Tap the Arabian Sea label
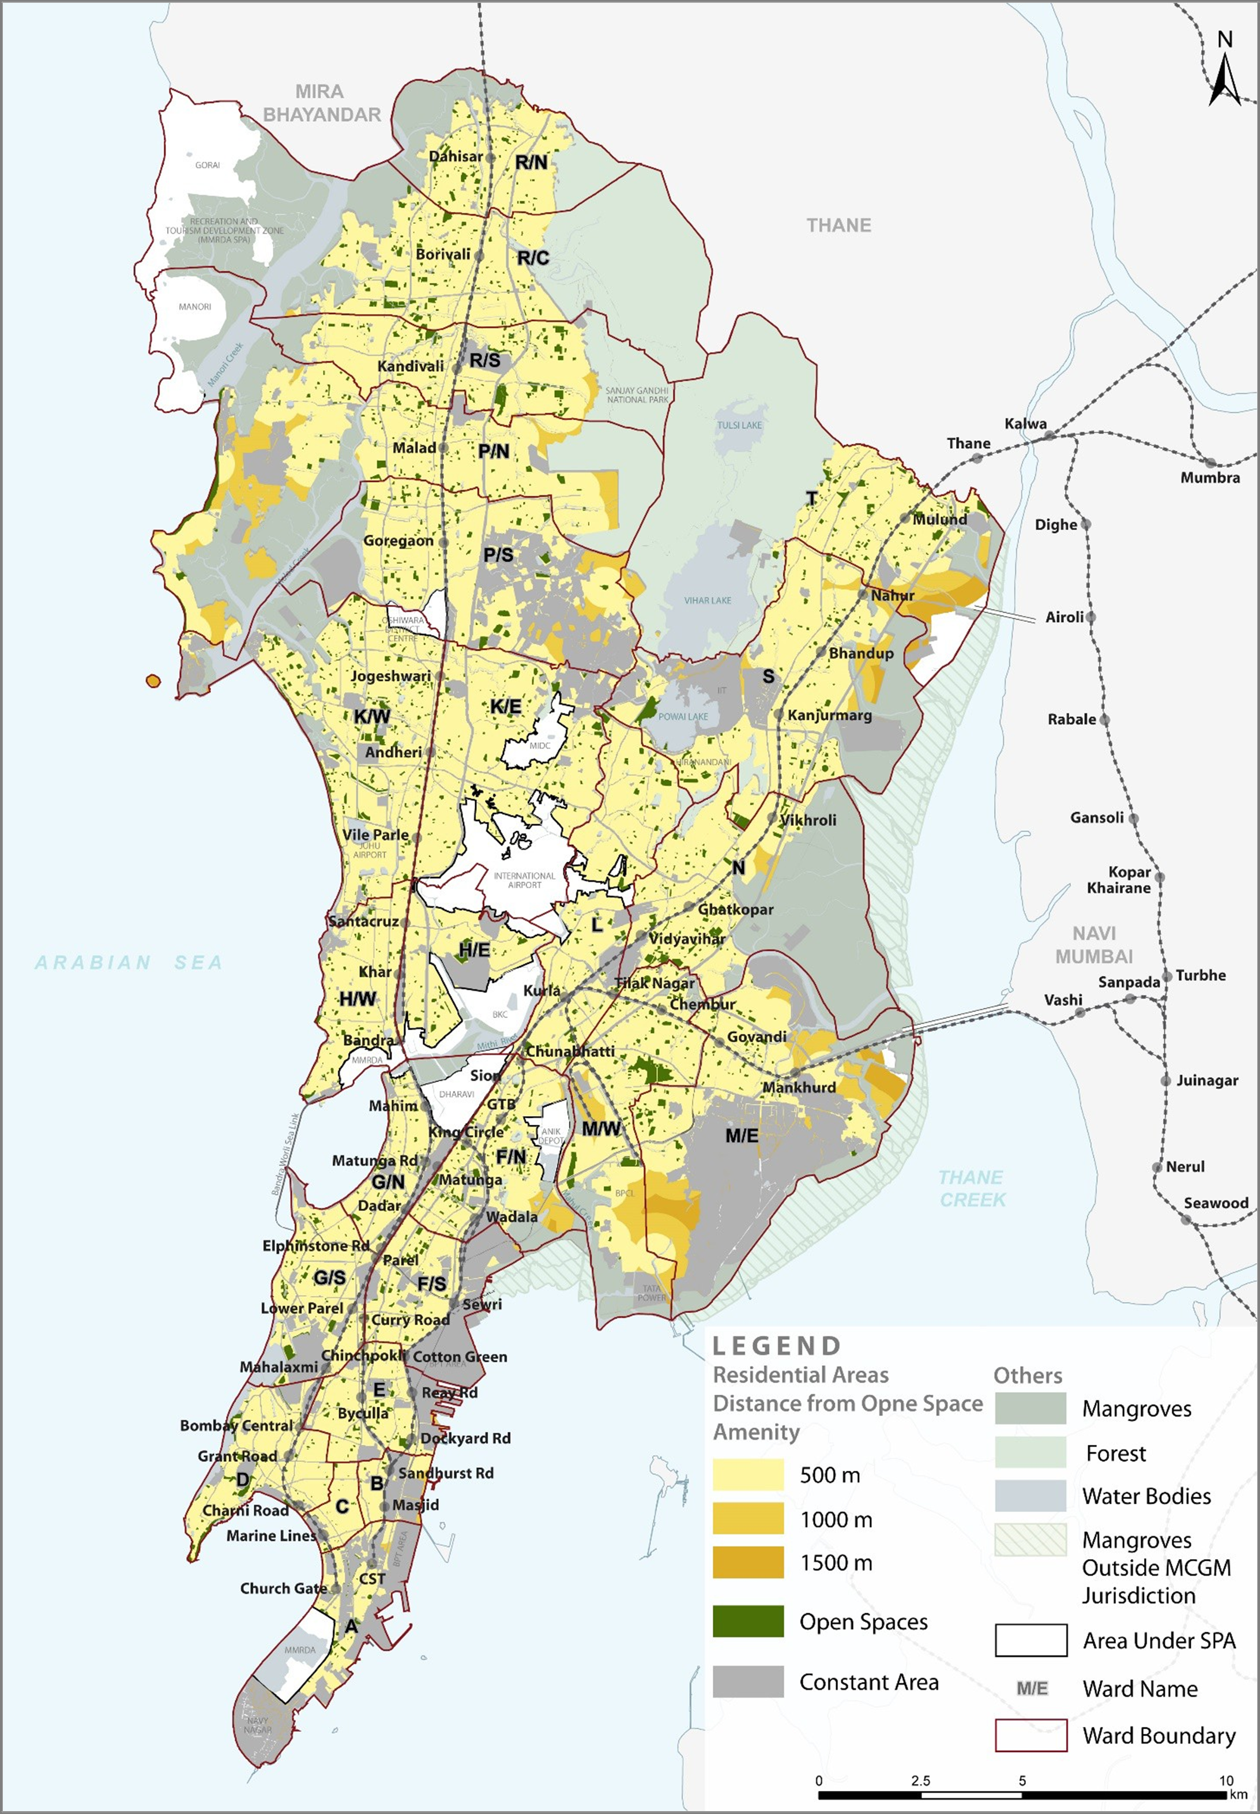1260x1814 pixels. [x=129, y=962]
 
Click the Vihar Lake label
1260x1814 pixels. [x=708, y=600]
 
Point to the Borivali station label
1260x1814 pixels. [x=443, y=254]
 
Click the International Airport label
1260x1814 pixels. [x=524, y=880]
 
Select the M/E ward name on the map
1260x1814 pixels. [x=742, y=1136]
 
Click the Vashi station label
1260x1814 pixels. [x=1063, y=1000]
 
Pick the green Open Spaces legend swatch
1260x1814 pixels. [x=747, y=1621]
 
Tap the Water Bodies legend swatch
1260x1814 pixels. [x=1030, y=1496]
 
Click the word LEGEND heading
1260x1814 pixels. [x=777, y=1346]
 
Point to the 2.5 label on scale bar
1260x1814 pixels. [x=920, y=1781]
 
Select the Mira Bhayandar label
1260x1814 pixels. [x=321, y=103]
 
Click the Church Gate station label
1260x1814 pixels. [x=283, y=1588]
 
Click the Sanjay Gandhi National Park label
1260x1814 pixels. [x=637, y=395]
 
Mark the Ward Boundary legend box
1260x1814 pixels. [x=1030, y=1736]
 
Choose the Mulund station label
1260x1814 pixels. [x=939, y=520]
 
